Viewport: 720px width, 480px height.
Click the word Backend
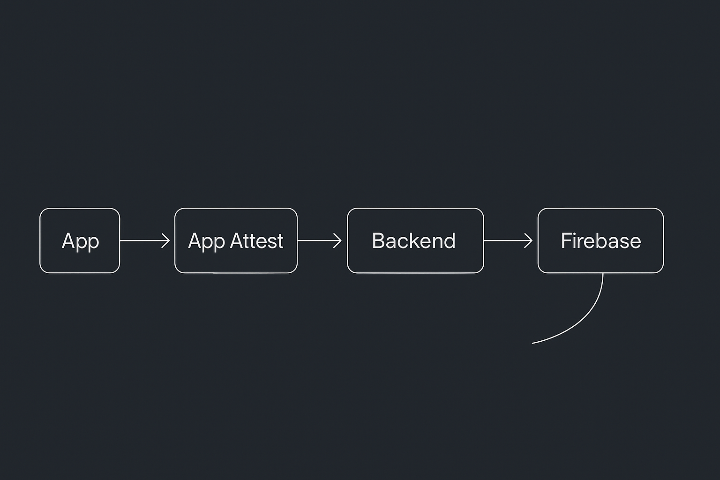[x=413, y=241]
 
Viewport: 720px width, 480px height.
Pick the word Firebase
[x=600, y=241]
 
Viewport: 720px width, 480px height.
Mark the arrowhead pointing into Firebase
[x=530, y=240]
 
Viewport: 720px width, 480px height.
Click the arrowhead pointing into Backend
[x=339, y=240]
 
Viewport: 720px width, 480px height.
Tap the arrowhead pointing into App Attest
[x=167, y=240]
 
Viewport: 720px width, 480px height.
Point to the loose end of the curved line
[x=533, y=343]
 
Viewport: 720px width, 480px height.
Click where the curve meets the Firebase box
[x=603, y=273]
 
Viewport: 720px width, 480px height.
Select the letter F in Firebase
[x=565, y=241]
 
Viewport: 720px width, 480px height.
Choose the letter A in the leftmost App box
[x=68, y=241]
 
